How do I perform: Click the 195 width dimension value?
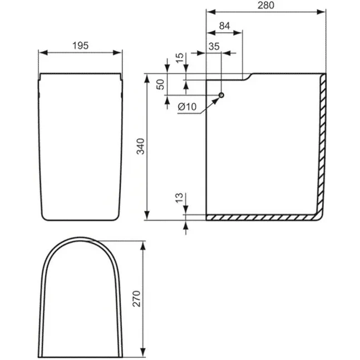(81, 46)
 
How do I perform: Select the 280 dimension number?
(265, 5)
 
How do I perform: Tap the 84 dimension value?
(224, 26)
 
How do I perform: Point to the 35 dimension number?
(214, 46)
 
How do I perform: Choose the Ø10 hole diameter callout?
(188, 106)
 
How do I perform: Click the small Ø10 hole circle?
(221, 96)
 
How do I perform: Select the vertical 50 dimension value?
(160, 85)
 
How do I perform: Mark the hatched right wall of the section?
(322, 145)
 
